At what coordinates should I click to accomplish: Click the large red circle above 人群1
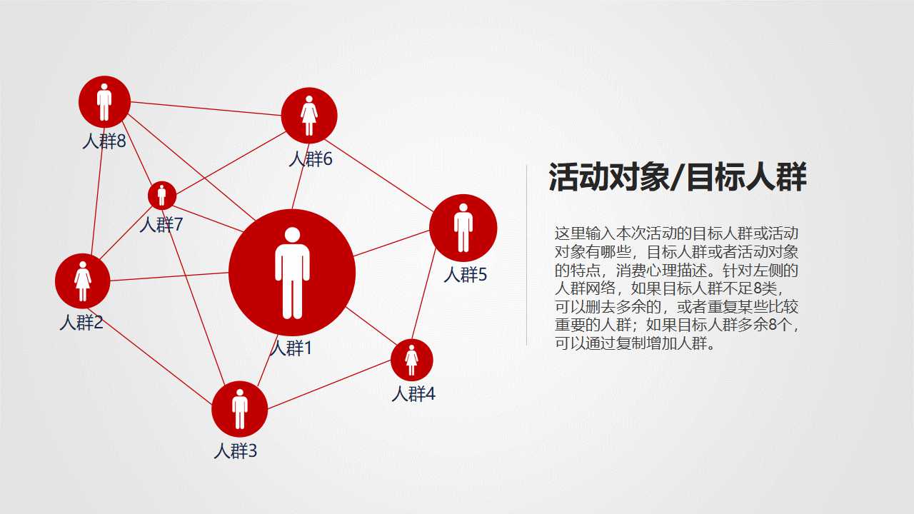coord(292,272)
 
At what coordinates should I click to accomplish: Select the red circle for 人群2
coord(83,281)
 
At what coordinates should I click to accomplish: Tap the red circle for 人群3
coord(239,409)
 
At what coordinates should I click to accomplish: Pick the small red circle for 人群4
coord(412,360)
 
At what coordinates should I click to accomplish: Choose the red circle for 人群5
coord(463,228)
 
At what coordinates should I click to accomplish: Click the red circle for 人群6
coord(308,115)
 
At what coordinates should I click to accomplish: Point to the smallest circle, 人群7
coord(162,195)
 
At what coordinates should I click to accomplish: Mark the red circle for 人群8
coord(104,101)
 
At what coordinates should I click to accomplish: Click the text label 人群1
coord(291,348)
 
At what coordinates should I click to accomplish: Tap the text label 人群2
coord(81,323)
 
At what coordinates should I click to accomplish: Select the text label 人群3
coord(235,451)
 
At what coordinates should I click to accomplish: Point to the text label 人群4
coord(413,393)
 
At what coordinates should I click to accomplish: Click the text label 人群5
coord(465,274)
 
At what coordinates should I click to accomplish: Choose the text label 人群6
coord(311,158)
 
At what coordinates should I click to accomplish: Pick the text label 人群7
coord(161,225)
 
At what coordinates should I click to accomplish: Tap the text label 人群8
coord(104,141)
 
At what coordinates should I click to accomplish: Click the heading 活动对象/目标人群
coord(677,178)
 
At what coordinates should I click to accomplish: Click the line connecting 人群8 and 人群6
coord(206,109)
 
